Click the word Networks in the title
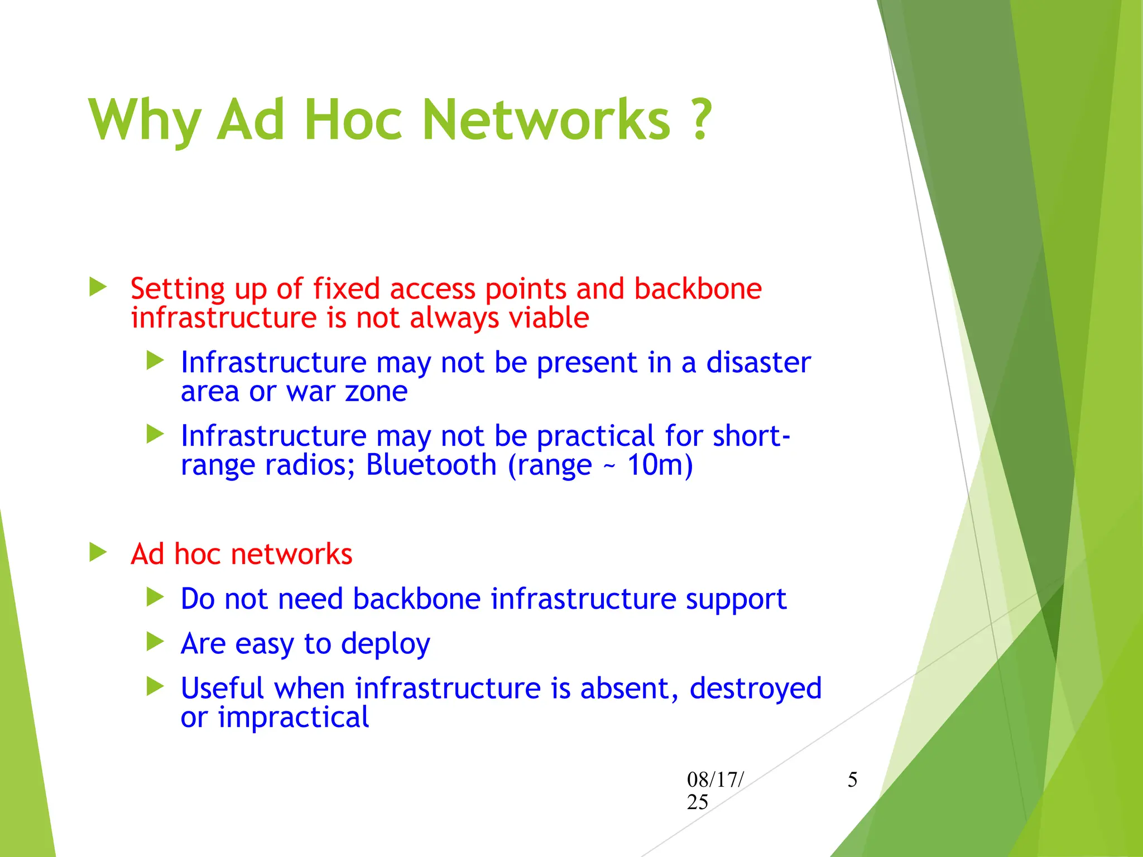pos(546,119)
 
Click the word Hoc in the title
pos(353,119)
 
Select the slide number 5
pos(852,779)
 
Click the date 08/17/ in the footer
pos(715,779)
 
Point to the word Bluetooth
pos(431,465)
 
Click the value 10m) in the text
pos(660,465)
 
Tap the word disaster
pos(758,363)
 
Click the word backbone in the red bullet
pos(698,289)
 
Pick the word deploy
pos(385,644)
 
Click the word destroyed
pos(755,689)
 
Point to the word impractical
pos(293,718)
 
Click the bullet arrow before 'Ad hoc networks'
pos(98,552)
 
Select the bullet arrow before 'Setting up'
pos(98,287)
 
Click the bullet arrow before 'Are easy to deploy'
pos(155,642)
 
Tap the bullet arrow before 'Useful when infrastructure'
pos(155,687)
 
